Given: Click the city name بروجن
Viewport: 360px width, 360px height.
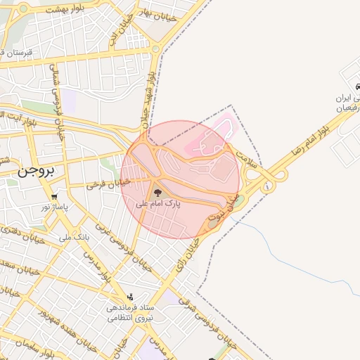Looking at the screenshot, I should (36, 171).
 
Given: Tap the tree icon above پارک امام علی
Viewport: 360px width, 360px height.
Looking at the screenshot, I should (156, 192).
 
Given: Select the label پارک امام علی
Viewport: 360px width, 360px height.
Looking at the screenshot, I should (157, 203).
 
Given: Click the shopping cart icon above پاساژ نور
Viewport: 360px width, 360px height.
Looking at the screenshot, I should (54, 196).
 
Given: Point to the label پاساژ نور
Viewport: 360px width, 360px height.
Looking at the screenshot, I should (53, 207).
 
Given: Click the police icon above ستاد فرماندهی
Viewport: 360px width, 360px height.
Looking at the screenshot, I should (130, 297).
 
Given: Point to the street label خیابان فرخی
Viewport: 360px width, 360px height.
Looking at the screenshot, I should (108, 185).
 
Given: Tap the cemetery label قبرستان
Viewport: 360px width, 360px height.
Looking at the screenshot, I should (18, 53).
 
